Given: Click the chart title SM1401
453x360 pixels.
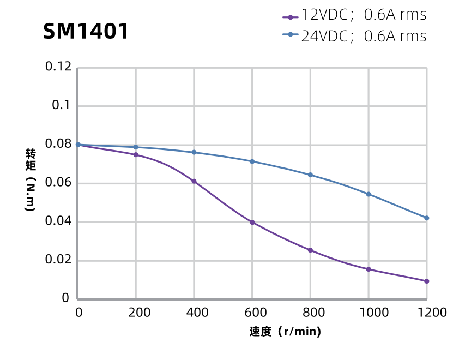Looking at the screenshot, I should click(x=86, y=32).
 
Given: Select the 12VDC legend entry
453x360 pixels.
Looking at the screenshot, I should click(x=354, y=15).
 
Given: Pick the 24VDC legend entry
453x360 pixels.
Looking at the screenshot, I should click(x=354, y=36).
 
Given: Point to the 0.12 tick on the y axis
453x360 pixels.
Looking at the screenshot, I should click(x=58, y=67).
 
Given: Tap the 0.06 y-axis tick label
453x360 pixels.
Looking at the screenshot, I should click(x=58, y=183).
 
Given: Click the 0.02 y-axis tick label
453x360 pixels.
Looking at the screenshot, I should click(x=58, y=260).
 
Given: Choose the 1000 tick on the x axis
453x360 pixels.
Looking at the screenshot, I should click(x=368, y=313).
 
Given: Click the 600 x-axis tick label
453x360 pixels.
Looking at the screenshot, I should click(x=252, y=313).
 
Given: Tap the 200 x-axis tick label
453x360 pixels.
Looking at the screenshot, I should click(x=136, y=313).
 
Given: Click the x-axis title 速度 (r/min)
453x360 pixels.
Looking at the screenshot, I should click(x=285, y=332).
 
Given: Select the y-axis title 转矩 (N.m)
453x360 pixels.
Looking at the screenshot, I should click(x=31, y=180).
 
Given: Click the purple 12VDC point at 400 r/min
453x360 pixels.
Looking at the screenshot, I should click(x=194, y=181).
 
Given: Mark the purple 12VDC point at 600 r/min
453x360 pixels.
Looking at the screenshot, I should click(x=252, y=223).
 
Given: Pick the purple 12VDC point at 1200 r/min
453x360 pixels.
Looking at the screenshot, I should click(x=426, y=281).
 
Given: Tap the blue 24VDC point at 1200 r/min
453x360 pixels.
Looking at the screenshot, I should click(x=426, y=218).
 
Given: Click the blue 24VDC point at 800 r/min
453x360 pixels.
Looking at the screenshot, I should click(x=310, y=175).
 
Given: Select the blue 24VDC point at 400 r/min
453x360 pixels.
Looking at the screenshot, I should click(x=194, y=152).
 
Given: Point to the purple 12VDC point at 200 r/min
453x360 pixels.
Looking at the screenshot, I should click(x=136, y=155).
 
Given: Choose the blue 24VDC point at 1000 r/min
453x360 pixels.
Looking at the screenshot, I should click(x=369, y=194).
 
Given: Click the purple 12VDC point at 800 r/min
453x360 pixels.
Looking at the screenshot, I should click(x=310, y=250).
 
